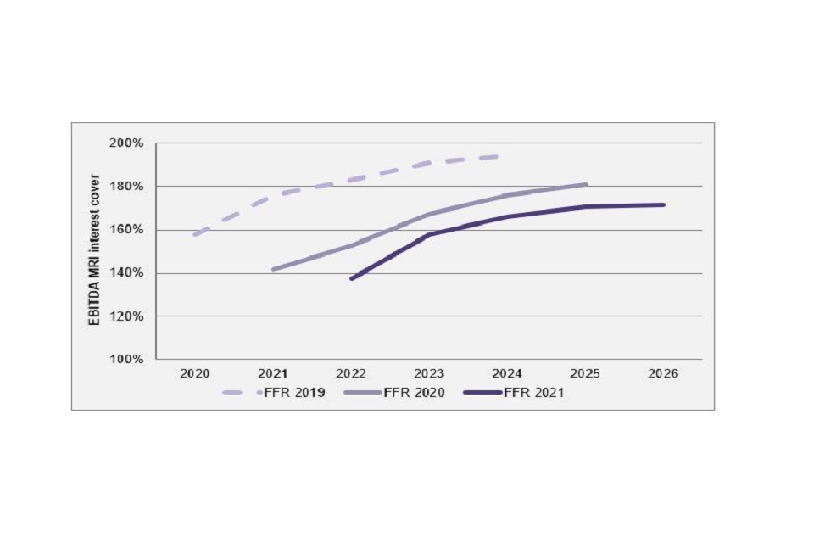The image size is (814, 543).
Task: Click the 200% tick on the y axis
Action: pos(127,143)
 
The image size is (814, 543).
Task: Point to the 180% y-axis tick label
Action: pos(127,186)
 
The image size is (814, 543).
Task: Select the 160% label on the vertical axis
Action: pos(127,229)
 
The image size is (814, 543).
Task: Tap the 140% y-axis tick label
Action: pos(127,273)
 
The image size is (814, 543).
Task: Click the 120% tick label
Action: pos(127,316)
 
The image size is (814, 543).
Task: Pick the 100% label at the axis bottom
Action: pos(127,360)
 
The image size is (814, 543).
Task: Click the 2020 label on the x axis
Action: pos(194,374)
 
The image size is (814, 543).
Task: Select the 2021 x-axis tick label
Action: pos(272,374)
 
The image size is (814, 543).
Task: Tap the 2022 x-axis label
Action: pos(350,374)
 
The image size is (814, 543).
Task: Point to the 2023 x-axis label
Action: pos(429,374)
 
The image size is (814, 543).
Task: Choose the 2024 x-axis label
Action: pos(507,374)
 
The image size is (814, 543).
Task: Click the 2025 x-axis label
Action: pos(585,374)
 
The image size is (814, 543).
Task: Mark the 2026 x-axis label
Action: pos(663,374)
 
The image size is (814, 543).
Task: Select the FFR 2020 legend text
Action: pos(415,393)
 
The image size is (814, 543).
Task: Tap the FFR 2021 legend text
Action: pos(534,393)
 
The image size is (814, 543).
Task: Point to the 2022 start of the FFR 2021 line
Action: pos(351,278)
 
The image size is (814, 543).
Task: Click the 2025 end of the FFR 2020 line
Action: pos(586,184)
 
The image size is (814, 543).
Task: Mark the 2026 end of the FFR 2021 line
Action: pos(663,204)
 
